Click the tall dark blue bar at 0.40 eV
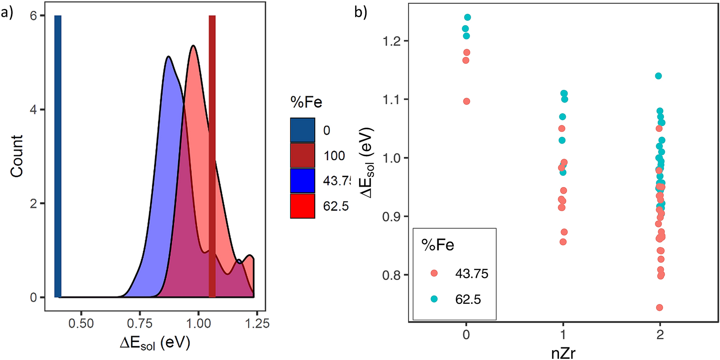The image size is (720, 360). (x=58, y=157)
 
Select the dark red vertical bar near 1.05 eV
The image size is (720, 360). (x=212, y=157)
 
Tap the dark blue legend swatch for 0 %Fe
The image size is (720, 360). (x=302, y=130)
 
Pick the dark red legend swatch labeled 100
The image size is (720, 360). (x=302, y=155)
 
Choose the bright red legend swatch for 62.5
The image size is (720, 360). (x=302, y=206)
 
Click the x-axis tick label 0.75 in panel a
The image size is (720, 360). (x=140, y=323)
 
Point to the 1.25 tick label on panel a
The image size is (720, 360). (x=257, y=323)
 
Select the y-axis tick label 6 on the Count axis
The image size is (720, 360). (x=33, y=16)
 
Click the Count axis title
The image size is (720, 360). (x=17, y=156)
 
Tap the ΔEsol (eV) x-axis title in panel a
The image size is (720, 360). (x=155, y=343)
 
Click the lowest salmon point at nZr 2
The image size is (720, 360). (x=659, y=308)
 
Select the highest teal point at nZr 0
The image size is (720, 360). (x=467, y=17)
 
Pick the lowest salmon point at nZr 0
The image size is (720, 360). (x=467, y=101)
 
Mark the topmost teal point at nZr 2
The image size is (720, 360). (x=658, y=76)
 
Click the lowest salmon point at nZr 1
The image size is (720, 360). (x=563, y=242)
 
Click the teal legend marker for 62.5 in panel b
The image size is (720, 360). (x=434, y=299)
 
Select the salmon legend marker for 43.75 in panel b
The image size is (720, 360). (x=434, y=274)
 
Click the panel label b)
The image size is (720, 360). (x=360, y=12)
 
